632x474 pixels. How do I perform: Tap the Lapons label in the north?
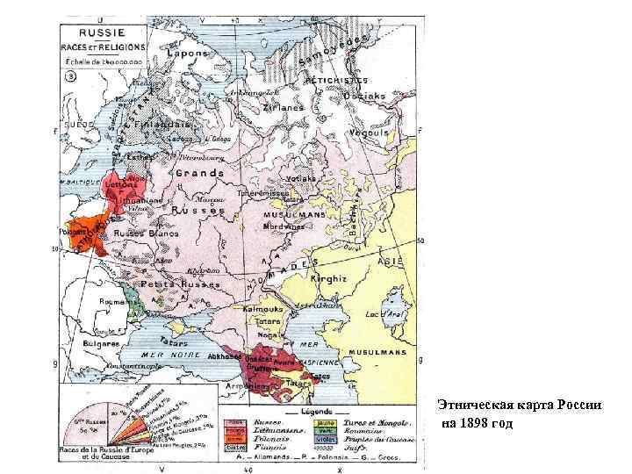[189, 54]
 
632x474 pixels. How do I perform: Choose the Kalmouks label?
[257, 310]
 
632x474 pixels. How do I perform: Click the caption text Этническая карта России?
[520, 406]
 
